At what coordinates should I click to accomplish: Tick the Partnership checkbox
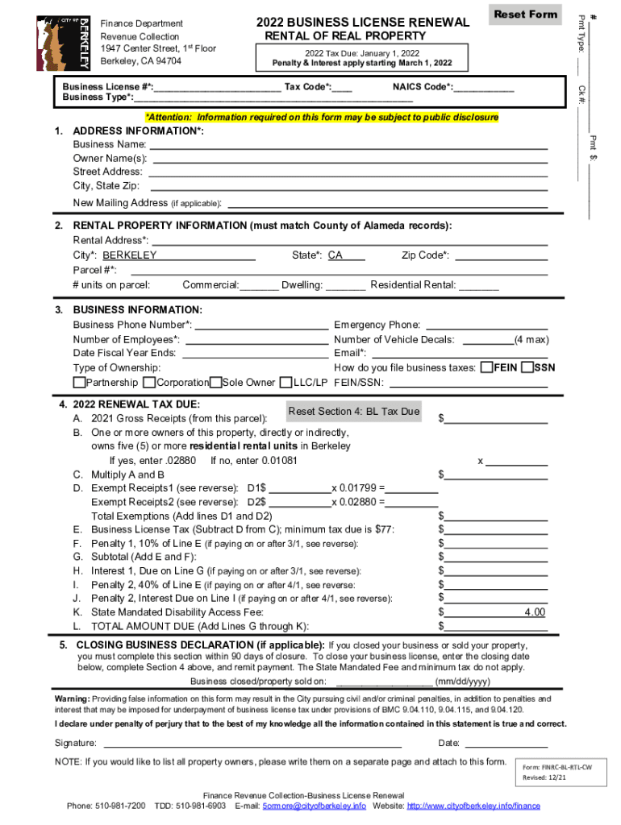coord(79,382)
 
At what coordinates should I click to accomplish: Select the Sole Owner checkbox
coord(216,382)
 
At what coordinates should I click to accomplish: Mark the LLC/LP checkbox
coord(285,382)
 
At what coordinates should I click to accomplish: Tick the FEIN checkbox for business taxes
coord(486,367)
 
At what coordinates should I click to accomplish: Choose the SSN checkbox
coord(527,367)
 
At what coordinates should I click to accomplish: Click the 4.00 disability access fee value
coord(534,612)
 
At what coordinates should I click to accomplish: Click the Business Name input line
coord(348,144)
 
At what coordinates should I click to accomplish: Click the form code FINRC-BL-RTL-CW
coord(556,768)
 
